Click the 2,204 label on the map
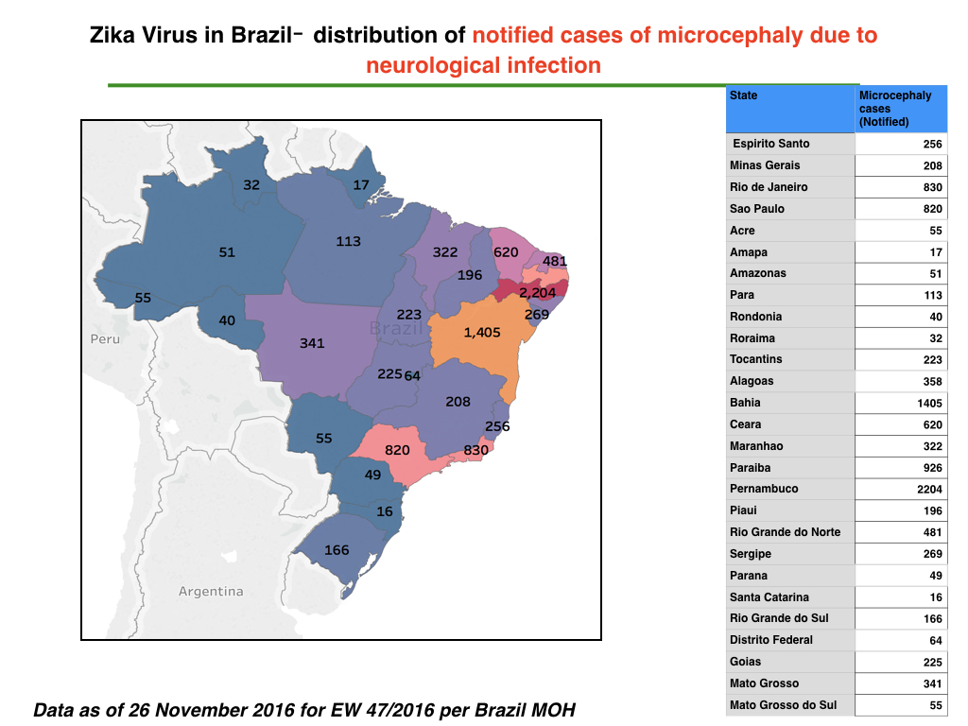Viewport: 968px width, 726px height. click(537, 293)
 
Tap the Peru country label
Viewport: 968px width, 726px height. click(105, 339)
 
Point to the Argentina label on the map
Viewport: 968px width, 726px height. click(211, 592)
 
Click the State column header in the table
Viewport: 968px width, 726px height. click(743, 95)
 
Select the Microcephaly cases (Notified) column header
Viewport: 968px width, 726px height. click(895, 109)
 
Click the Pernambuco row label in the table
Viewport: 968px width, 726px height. click(764, 489)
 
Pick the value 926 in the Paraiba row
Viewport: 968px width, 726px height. click(932, 468)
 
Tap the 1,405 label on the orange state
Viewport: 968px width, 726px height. click(482, 333)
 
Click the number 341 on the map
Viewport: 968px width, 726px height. click(312, 343)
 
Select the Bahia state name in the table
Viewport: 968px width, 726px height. click(745, 403)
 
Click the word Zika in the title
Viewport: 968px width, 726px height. click(112, 35)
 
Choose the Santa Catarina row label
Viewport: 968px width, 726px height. click(769, 597)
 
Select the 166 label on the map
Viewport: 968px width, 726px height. click(337, 550)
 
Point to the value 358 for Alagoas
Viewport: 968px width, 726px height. click(932, 382)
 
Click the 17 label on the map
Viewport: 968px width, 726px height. click(361, 185)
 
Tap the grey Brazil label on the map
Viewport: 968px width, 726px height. click(396, 328)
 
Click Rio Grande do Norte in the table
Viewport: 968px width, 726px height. click(786, 532)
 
